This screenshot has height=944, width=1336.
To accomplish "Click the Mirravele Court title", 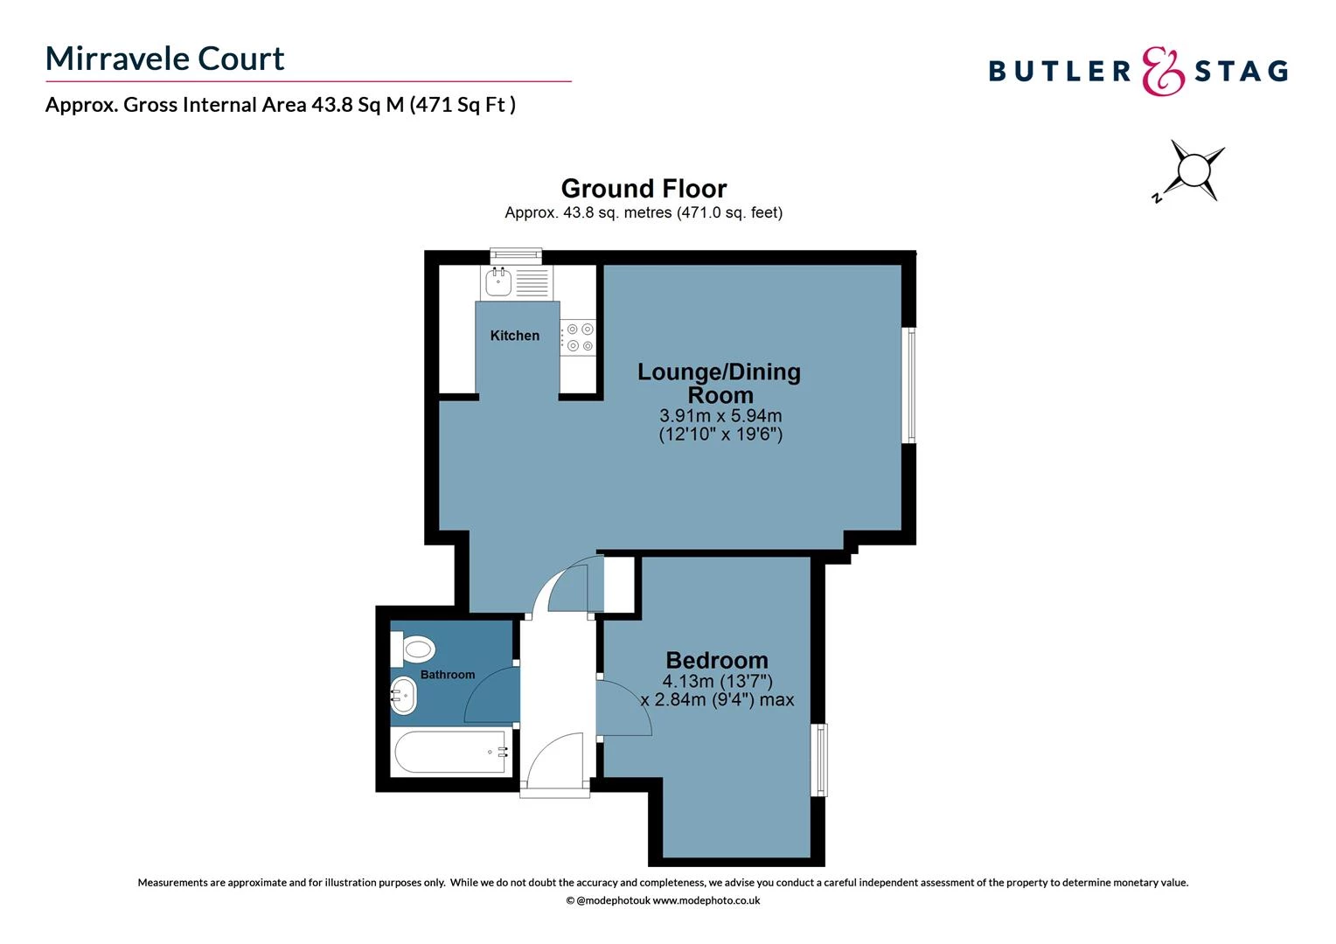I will click(164, 59).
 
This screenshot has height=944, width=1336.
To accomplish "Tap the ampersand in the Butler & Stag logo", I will click(1164, 71).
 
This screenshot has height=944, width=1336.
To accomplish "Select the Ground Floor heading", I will click(644, 189).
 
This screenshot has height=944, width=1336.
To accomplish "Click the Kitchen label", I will click(514, 336).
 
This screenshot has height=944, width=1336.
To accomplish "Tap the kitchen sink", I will click(499, 281).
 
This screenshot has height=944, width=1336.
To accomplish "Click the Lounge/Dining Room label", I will click(719, 383).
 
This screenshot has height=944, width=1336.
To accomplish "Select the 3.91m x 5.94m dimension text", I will click(720, 416).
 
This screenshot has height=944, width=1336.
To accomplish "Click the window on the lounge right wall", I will click(909, 385).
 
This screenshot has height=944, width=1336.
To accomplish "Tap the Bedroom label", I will click(717, 660).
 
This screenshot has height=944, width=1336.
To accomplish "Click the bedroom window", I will click(819, 759).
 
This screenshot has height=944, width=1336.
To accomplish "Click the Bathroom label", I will click(448, 675).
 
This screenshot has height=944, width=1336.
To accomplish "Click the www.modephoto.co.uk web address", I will click(706, 900).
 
